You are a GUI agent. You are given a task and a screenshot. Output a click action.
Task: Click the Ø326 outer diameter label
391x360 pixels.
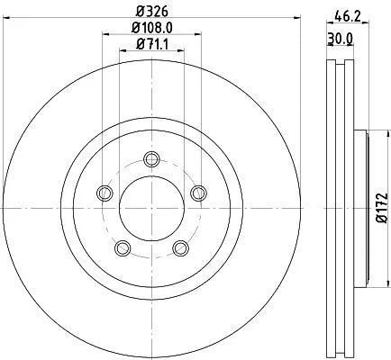click(x=151, y=12)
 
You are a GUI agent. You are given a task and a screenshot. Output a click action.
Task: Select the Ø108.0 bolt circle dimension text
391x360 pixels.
click(x=152, y=28)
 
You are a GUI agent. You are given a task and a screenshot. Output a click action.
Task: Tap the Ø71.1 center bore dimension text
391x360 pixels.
click(x=151, y=45)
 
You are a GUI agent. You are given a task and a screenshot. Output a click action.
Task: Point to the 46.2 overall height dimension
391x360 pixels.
click(x=348, y=16)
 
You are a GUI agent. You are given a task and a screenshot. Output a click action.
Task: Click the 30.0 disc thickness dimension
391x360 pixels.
click(x=340, y=39)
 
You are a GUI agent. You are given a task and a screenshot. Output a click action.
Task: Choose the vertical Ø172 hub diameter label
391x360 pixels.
click(x=382, y=208)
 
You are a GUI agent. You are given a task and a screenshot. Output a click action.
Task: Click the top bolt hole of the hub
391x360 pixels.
click(x=151, y=159)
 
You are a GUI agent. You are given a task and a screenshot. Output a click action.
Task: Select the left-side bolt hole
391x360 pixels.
click(x=105, y=193)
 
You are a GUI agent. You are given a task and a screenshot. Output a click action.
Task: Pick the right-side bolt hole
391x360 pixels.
click(x=198, y=193)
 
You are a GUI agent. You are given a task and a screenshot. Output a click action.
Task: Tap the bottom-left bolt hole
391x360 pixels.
click(x=123, y=248)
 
